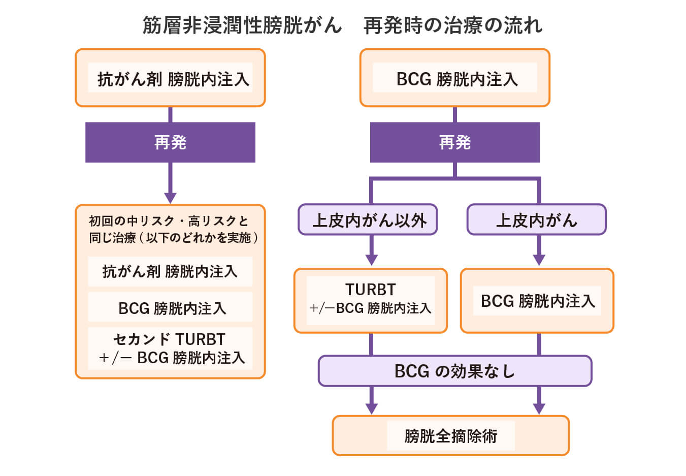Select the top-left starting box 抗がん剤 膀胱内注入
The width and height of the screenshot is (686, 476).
click(171, 78)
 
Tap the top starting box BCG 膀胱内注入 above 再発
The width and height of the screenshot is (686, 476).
click(455, 78)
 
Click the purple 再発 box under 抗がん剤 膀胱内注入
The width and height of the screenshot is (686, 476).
click(170, 142)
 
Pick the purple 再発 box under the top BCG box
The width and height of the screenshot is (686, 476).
click(455, 142)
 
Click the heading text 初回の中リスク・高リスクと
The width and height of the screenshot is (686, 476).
click(169, 221)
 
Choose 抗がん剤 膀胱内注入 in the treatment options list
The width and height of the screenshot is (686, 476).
click(170, 272)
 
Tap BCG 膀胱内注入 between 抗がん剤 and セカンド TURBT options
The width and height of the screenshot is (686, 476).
click(171, 308)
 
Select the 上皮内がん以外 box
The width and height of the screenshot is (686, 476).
click(368, 220)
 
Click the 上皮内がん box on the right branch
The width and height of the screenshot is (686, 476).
click(536, 220)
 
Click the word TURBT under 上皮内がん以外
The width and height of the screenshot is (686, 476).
click(370, 290)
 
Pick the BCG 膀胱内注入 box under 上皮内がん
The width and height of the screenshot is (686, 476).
click(537, 301)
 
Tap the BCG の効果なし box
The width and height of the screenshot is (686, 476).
click(455, 371)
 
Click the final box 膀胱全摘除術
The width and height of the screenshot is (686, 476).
click(451, 436)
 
